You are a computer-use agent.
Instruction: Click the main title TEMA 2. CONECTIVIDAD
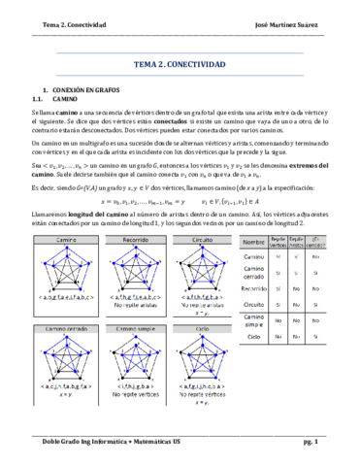[x=179, y=65]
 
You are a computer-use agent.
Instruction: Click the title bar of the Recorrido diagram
[x=144, y=239]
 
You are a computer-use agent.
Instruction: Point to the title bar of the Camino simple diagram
[x=144, y=328]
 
